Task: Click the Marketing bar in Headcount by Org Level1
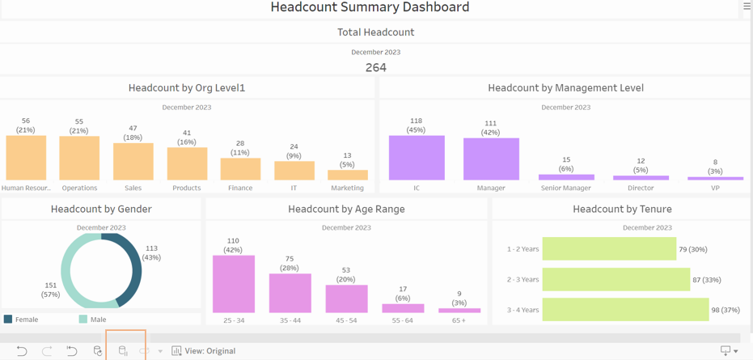[x=348, y=175]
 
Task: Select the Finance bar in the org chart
[x=240, y=169]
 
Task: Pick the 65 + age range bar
[x=459, y=311]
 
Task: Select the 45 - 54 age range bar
[x=347, y=299]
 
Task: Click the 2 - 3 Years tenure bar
[x=616, y=279]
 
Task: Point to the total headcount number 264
[x=376, y=68]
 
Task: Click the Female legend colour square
[x=8, y=319]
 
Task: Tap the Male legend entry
[x=92, y=319]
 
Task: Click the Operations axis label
[x=80, y=188]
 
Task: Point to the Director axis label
[x=641, y=188]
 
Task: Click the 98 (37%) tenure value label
[x=726, y=310]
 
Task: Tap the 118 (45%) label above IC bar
[x=417, y=125]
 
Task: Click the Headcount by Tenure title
[x=622, y=209]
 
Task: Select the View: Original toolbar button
[x=204, y=351]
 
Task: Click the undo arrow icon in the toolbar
[x=22, y=351]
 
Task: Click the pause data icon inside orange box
[x=123, y=351]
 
